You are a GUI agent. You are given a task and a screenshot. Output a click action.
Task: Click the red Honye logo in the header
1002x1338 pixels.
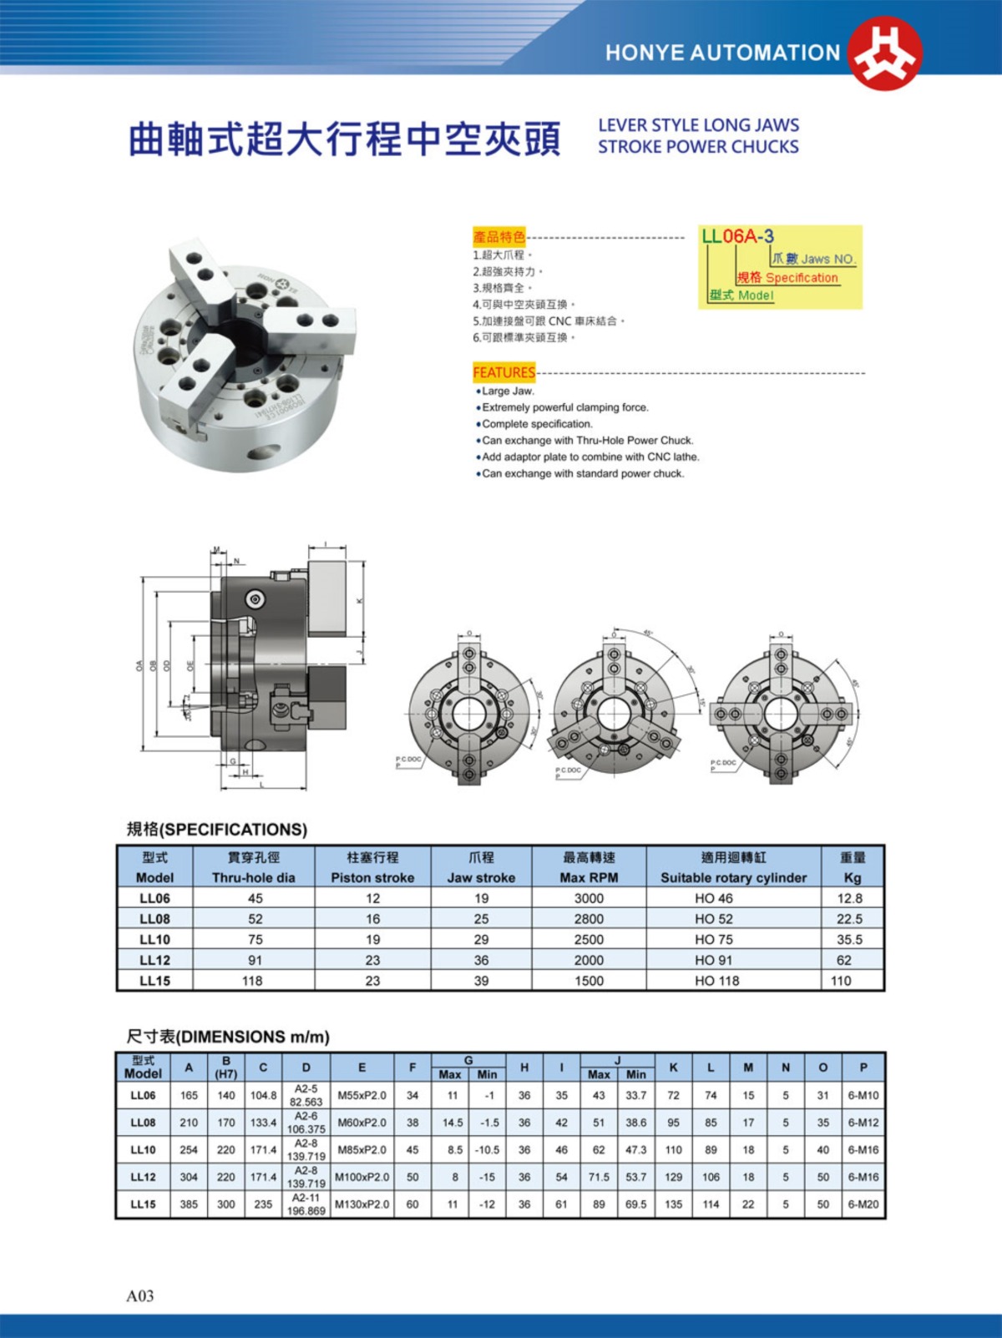click(x=884, y=53)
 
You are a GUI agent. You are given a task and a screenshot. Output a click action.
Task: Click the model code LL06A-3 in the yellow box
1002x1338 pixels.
click(x=737, y=236)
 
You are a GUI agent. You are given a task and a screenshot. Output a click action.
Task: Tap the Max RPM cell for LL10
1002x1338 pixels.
click(x=589, y=939)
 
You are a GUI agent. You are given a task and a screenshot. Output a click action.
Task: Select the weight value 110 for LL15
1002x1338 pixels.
click(x=841, y=981)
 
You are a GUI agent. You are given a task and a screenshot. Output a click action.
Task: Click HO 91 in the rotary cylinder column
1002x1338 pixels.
click(x=714, y=960)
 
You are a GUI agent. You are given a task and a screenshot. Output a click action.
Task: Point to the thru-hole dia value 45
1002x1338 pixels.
click(x=255, y=898)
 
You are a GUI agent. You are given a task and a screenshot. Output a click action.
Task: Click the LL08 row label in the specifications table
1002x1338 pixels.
click(x=154, y=918)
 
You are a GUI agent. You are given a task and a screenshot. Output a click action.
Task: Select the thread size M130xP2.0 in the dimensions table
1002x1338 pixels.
click(x=362, y=1204)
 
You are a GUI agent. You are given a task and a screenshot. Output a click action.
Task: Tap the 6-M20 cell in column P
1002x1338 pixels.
click(x=863, y=1204)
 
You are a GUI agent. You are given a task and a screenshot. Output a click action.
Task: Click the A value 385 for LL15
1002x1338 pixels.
click(x=189, y=1204)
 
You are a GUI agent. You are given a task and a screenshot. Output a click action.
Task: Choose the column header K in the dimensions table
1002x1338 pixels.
click(x=673, y=1067)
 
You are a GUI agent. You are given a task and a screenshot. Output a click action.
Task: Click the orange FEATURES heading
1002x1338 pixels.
click(x=504, y=372)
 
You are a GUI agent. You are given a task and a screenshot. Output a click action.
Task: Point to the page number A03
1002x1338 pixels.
click(x=140, y=1295)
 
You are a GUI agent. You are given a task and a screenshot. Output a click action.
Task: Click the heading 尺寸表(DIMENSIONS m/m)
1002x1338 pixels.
click(x=228, y=1037)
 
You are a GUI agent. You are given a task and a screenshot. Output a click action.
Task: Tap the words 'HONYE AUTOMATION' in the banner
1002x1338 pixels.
click(x=722, y=53)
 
